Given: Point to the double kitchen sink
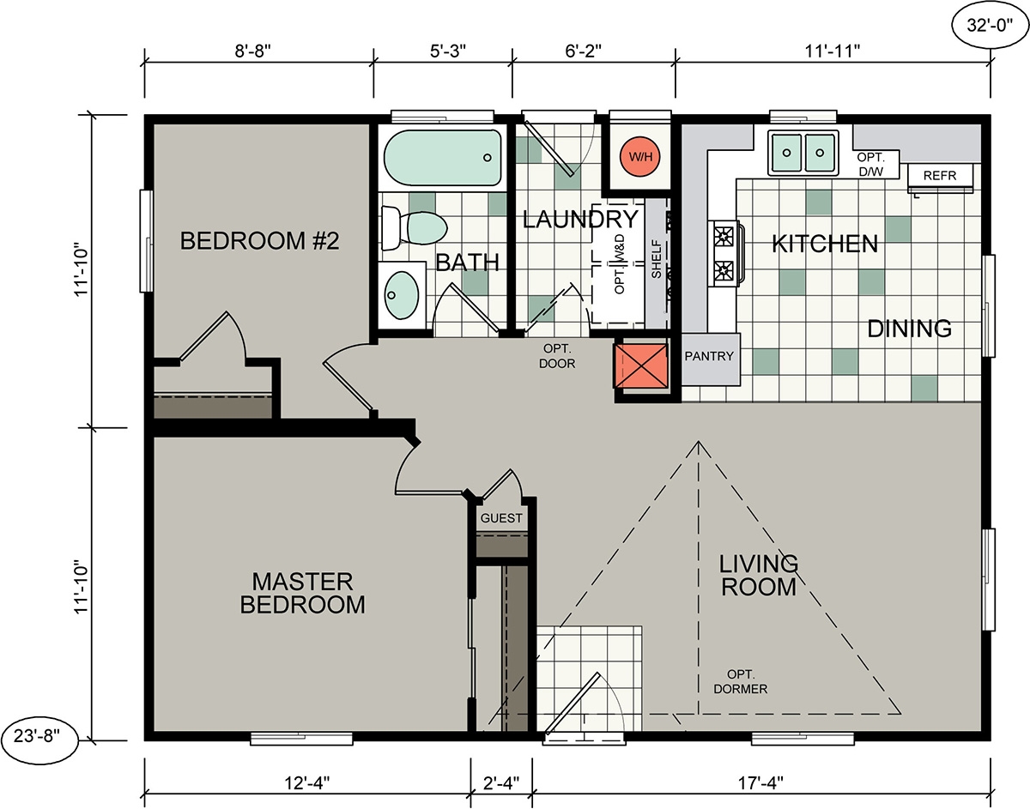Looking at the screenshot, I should (x=804, y=154).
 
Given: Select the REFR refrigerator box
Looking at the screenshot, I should (x=940, y=175).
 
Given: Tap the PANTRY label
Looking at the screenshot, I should (x=710, y=356).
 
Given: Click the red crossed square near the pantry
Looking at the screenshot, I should (x=641, y=366).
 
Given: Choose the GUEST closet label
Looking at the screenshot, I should (x=501, y=518).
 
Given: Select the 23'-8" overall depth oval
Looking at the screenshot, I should (x=43, y=736).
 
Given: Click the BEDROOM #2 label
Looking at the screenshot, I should (x=260, y=241).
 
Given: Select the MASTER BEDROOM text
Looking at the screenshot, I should (x=302, y=593).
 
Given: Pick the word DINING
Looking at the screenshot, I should (x=909, y=329).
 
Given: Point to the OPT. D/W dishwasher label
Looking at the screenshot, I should (x=876, y=164).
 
